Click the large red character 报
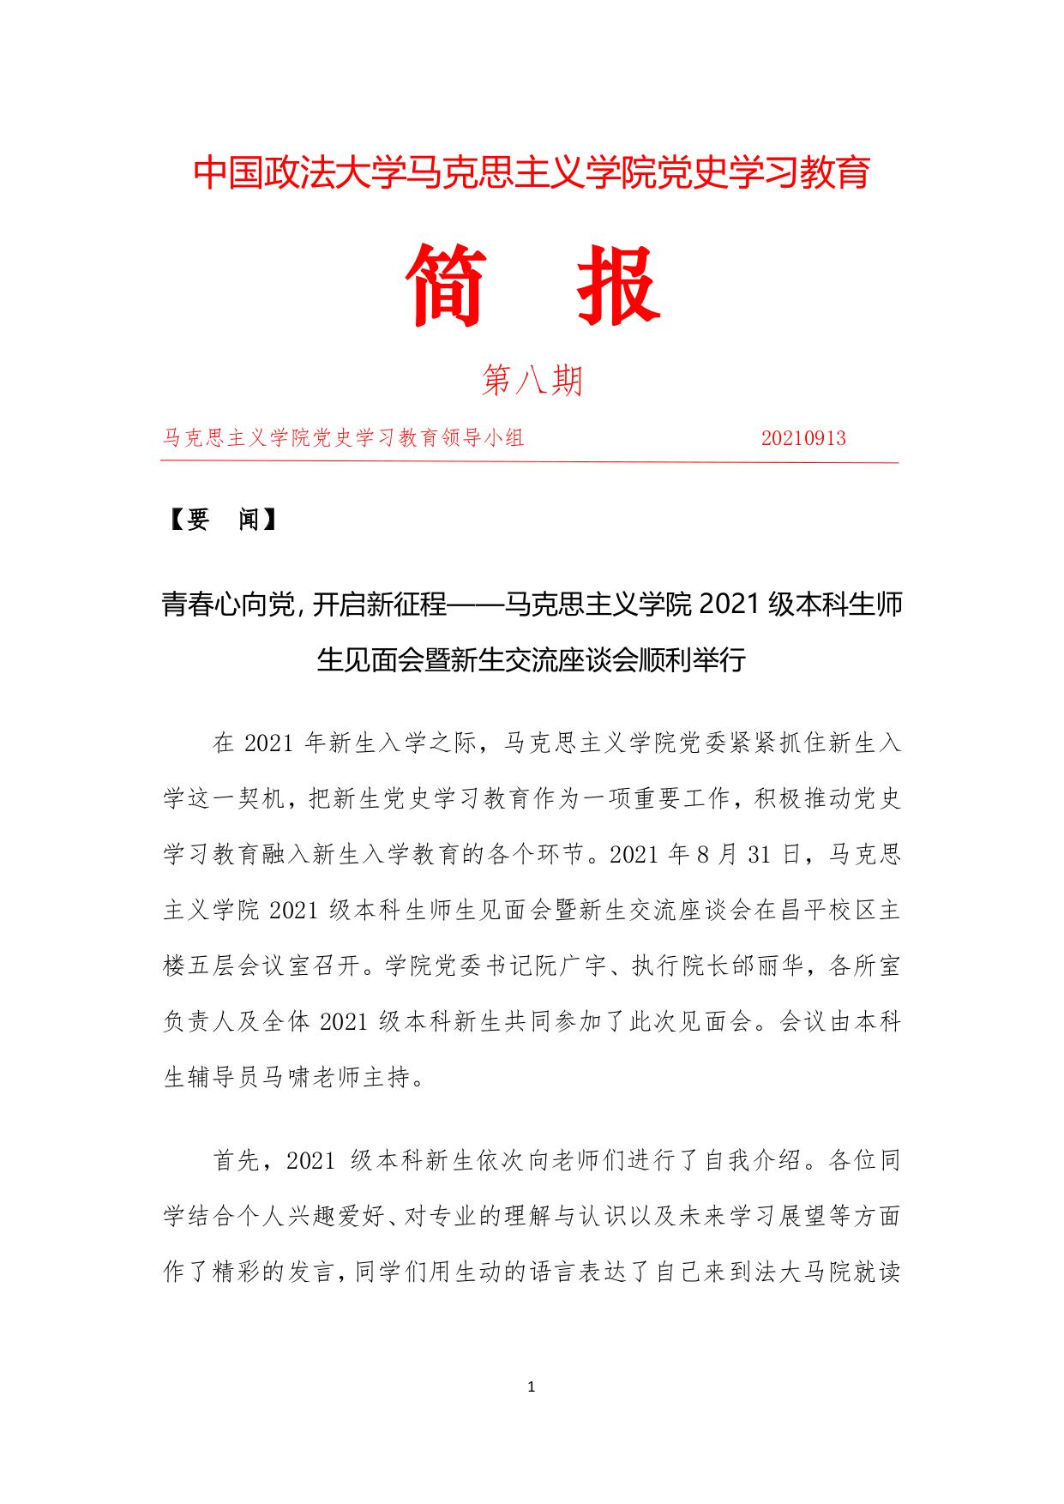pos(617,286)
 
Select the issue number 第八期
pos(532,380)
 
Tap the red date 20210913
pos(803,438)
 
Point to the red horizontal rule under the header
pos(529,462)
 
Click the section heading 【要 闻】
pos(222,520)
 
